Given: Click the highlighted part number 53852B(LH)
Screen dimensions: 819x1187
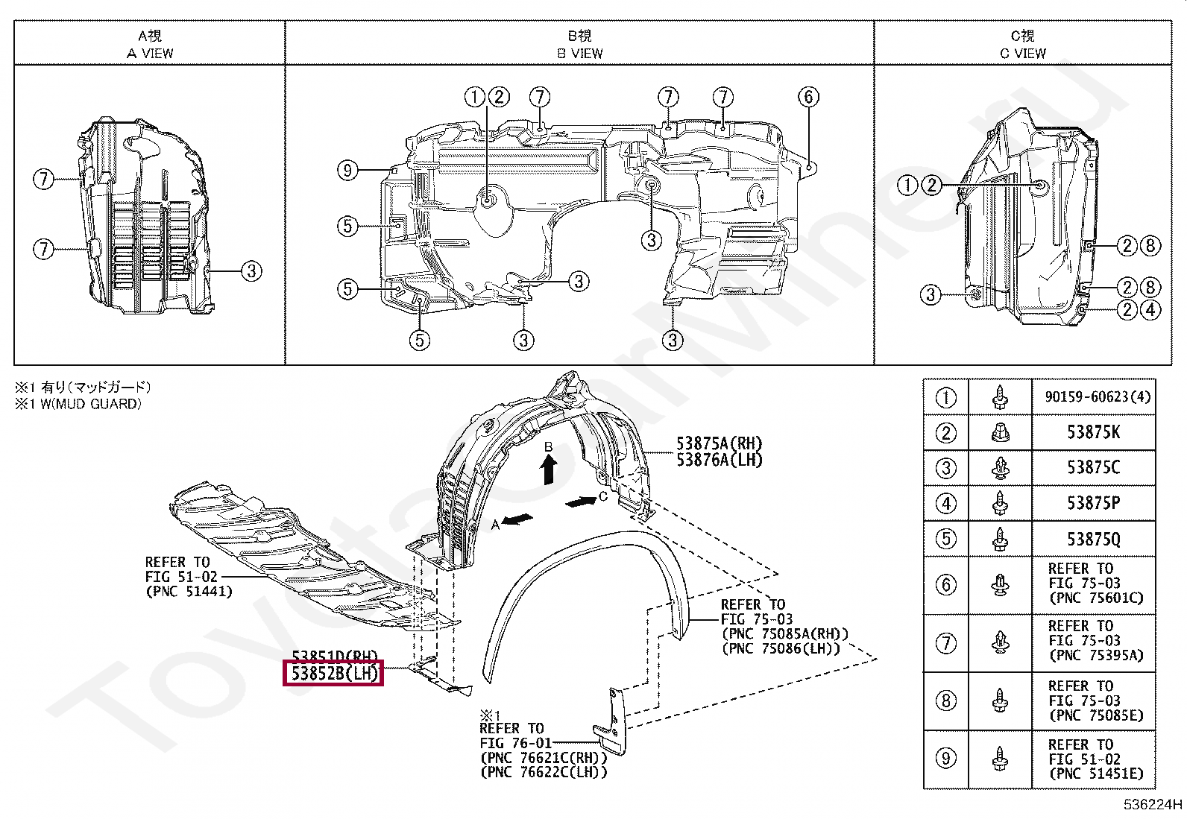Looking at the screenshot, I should (x=335, y=674).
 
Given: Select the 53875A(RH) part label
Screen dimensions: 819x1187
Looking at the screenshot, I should (x=719, y=443).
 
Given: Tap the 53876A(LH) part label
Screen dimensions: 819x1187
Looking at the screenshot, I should (x=719, y=461).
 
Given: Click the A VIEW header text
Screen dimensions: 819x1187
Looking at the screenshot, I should (x=150, y=54).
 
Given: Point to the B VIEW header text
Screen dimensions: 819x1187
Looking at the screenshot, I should (x=579, y=54).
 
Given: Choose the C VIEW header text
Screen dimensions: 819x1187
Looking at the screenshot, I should (x=1022, y=54).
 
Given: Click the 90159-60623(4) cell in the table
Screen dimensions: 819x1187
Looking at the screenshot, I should (x=1093, y=397).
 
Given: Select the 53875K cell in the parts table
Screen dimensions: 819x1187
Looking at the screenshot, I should (x=1093, y=432).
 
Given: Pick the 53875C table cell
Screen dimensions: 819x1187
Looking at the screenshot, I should (x=1093, y=468).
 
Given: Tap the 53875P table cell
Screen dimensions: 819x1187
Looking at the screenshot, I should (x=1093, y=503).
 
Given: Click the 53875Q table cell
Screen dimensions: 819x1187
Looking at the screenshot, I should (x=1093, y=539).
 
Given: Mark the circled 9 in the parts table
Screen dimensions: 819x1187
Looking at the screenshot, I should (x=945, y=759).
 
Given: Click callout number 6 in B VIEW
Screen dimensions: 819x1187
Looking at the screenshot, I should (x=808, y=97).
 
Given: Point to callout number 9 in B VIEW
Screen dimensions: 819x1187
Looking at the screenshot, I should (x=347, y=171).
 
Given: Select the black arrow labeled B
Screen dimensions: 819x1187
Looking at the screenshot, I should (x=549, y=470).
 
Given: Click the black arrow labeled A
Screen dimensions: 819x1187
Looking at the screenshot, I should (x=517, y=519).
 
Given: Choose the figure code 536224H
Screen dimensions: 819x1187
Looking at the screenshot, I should (x=1153, y=805).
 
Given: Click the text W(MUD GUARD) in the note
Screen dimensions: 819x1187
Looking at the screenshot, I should (x=89, y=404).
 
